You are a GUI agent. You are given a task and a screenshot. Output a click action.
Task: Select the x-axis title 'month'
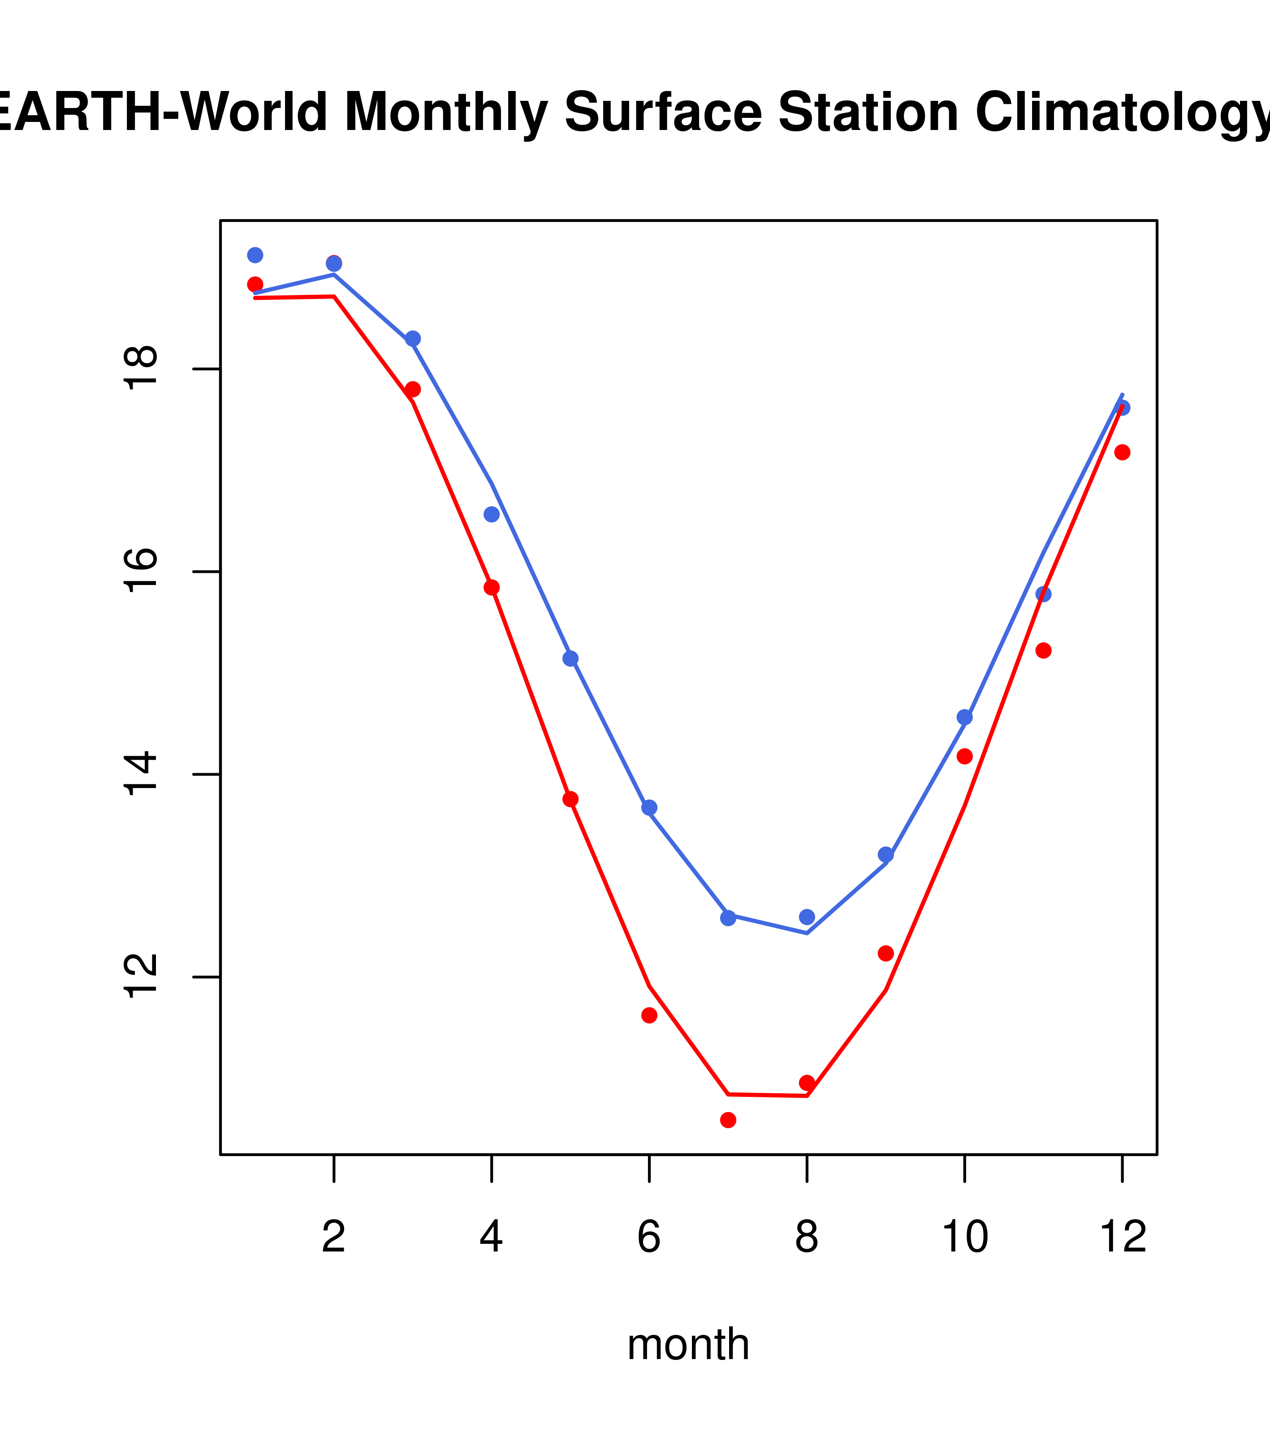[688, 1344]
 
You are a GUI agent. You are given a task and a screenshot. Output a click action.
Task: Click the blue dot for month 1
[255, 255]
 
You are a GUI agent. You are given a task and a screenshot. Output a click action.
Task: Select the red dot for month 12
[1123, 452]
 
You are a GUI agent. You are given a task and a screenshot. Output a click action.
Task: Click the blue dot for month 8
[807, 917]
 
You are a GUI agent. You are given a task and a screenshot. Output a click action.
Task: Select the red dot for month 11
[1044, 650]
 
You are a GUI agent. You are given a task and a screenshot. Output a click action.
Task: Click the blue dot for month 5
[570, 658]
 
